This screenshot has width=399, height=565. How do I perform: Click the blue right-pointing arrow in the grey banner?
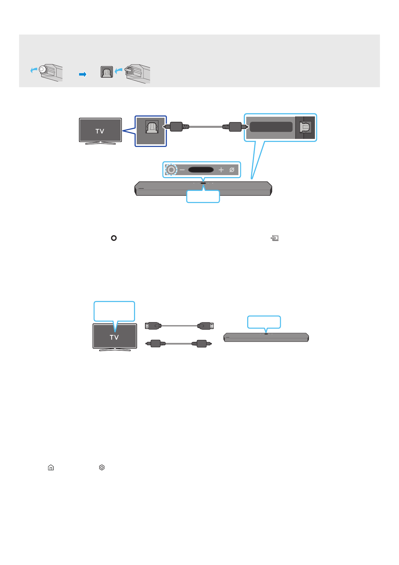click(83, 74)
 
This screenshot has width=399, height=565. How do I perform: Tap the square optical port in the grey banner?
click(107, 72)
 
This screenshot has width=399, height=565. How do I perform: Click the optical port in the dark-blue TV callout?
click(152, 127)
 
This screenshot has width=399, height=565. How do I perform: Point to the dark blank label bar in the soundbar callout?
click(271, 127)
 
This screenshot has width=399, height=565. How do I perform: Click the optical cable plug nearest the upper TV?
click(175, 127)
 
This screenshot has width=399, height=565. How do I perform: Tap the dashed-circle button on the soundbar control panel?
click(171, 170)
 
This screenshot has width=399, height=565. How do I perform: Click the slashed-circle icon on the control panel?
click(232, 170)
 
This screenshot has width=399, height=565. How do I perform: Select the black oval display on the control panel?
click(201, 170)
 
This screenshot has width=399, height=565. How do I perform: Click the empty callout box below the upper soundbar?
click(203, 197)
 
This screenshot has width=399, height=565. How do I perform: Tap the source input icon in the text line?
click(275, 238)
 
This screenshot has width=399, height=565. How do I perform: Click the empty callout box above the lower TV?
click(114, 311)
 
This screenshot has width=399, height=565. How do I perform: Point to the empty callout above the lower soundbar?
click(264, 322)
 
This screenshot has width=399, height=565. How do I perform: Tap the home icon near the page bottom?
click(51, 467)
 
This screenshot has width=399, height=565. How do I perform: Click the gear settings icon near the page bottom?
click(102, 467)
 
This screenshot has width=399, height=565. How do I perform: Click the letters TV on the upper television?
click(100, 131)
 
